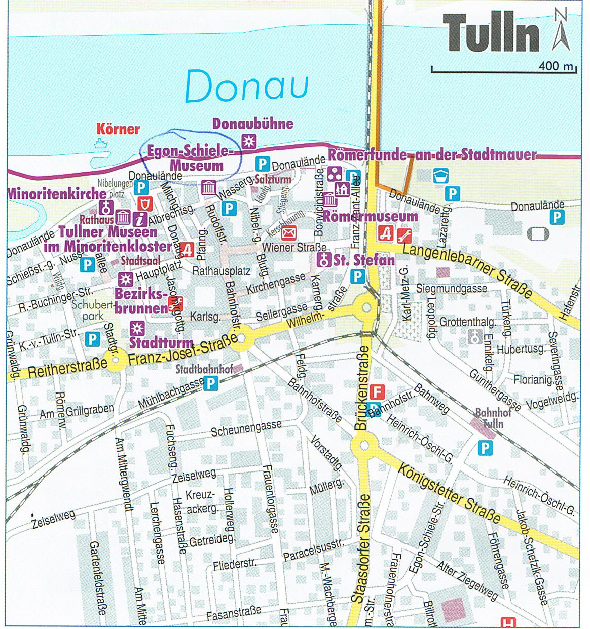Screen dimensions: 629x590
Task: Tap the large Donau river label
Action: coord(247,86)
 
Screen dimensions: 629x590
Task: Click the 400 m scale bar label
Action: coord(556,66)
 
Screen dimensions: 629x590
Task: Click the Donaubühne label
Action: coord(253,124)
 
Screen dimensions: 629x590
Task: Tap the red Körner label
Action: coord(118,129)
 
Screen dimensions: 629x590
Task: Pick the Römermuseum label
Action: coord(370,217)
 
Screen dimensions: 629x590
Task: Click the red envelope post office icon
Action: coord(288,233)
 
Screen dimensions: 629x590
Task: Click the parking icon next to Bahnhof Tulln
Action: coord(485,447)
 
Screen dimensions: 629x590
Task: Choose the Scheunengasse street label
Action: coord(246,429)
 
